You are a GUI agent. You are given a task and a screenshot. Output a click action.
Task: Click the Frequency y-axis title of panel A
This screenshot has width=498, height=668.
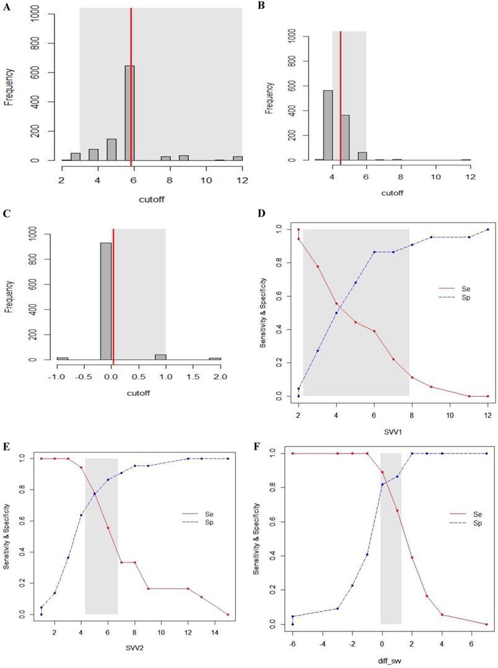coord(9,84)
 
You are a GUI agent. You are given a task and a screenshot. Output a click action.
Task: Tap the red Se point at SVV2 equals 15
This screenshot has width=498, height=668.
coord(228,615)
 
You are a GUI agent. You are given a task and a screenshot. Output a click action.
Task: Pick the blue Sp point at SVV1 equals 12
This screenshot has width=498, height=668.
coord(487,229)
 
